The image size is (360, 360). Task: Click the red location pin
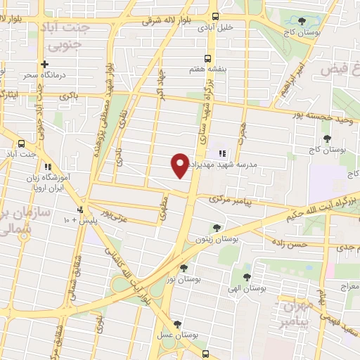[180, 165]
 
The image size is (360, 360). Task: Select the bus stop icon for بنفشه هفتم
[207, 58]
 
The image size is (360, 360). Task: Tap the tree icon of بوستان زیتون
[217, 227]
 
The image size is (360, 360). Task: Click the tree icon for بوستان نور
[184, 268]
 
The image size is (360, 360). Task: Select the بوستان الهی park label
[245, 287]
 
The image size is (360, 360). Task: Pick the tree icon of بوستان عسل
[176, 324]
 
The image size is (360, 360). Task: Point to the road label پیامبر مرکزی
[230, 200]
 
